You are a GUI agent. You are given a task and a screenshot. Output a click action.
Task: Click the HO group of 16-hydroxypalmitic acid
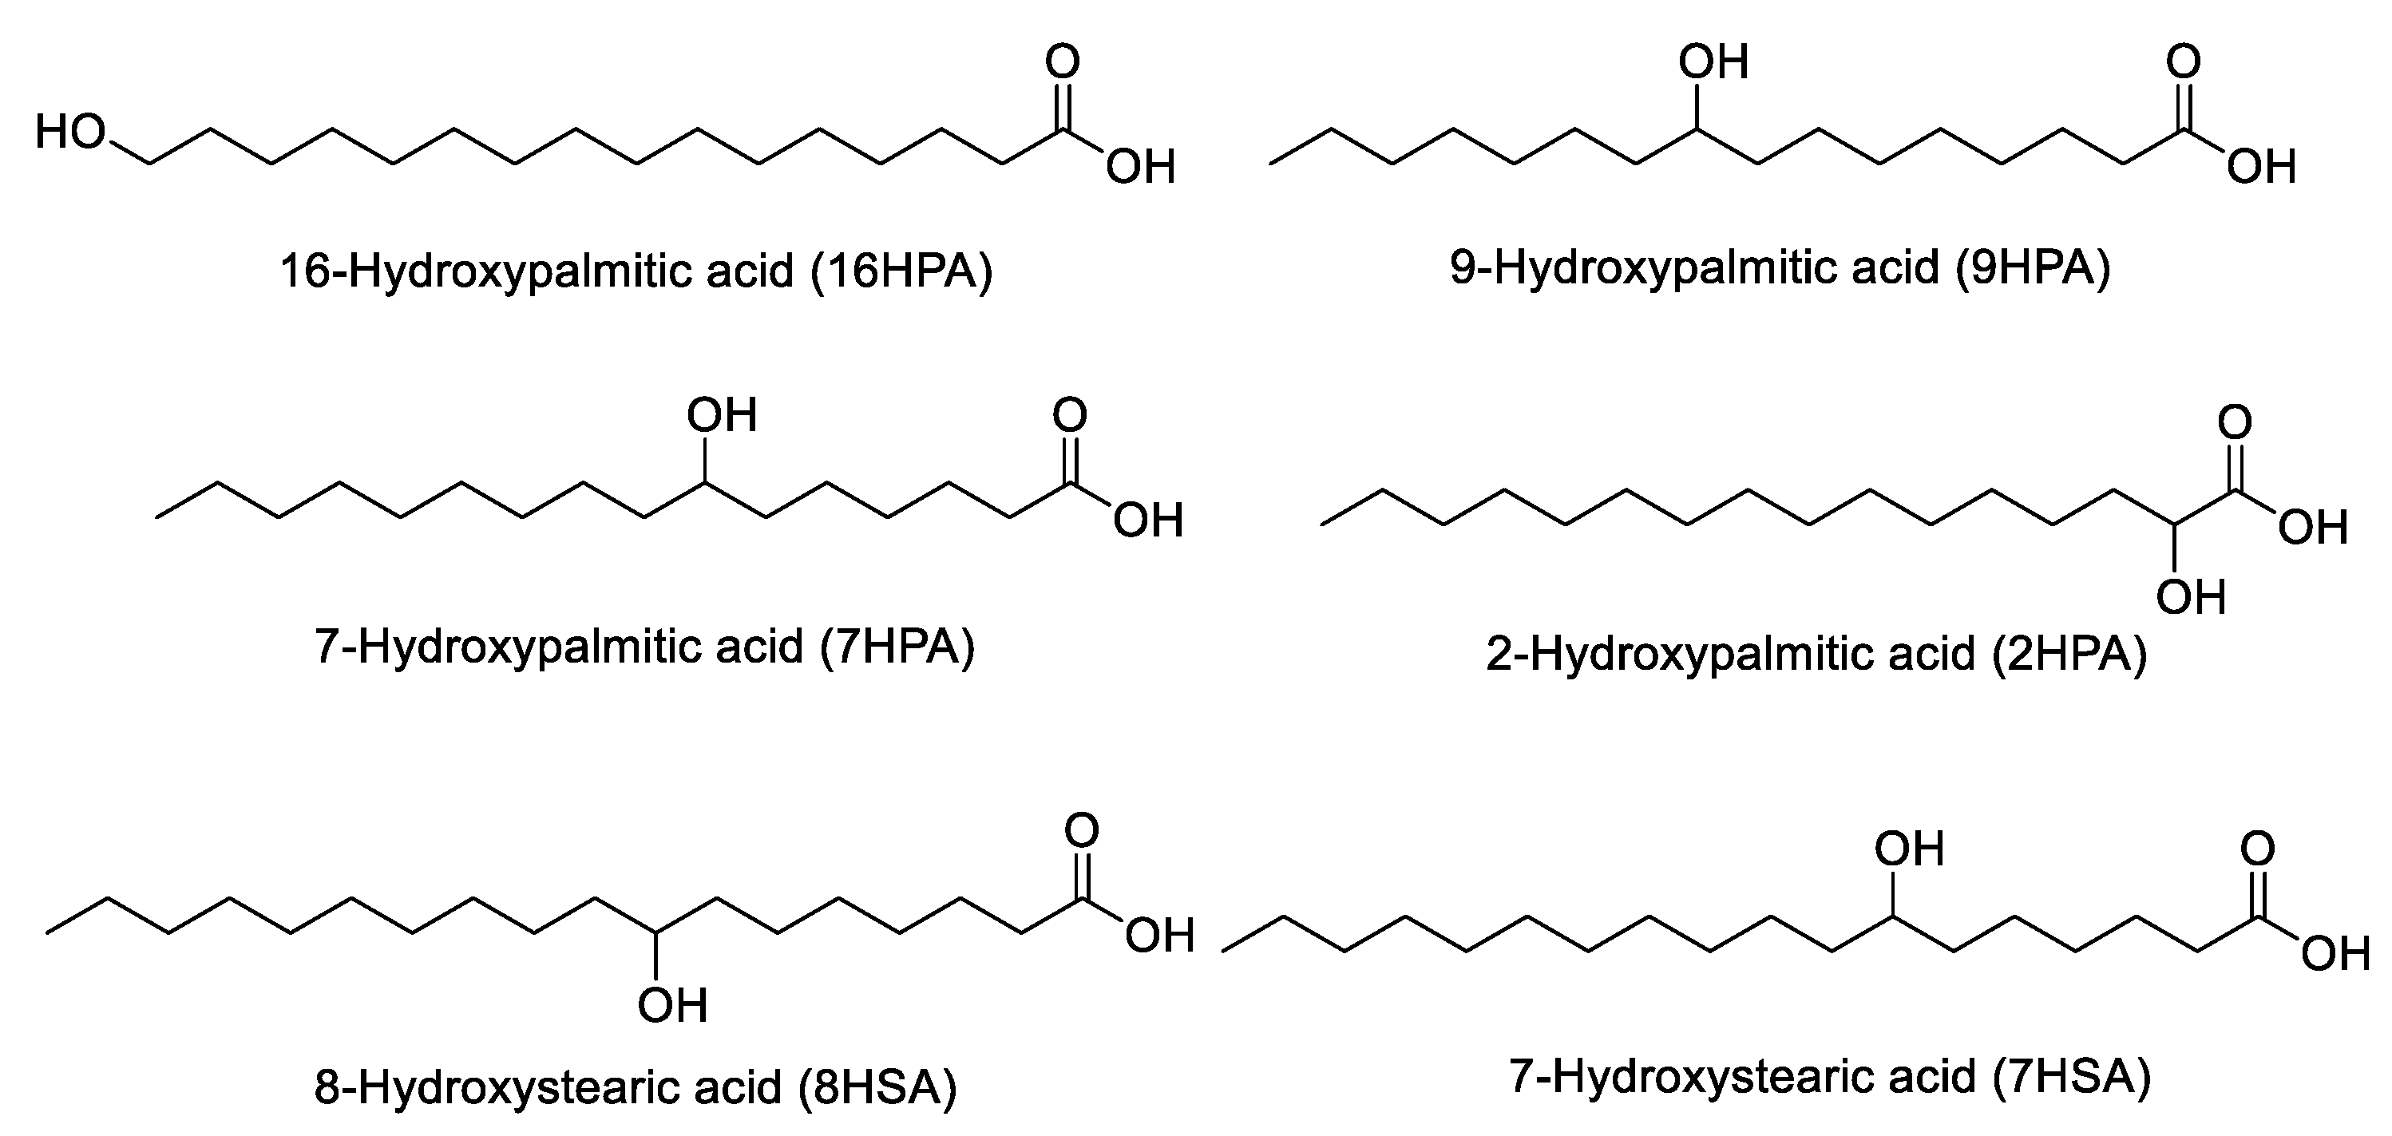point(70,133)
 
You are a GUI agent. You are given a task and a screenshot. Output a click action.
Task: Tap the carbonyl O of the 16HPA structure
point(1063,62)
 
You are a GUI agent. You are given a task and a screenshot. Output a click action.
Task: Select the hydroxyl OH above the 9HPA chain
point(1713,62)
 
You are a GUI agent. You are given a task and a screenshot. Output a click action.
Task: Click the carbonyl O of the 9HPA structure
point(2183,62)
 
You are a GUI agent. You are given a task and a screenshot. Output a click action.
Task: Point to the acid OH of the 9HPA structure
point(2261,168)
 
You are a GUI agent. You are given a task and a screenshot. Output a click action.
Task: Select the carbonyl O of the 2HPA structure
point(2235,423)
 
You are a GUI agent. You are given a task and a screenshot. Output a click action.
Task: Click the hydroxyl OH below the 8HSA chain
point(672,1005)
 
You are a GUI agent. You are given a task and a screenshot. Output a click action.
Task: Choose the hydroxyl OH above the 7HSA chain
point(1909,849)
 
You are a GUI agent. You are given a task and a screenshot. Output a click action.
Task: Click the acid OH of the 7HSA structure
point(2335,953)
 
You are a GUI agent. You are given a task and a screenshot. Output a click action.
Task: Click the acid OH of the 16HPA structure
point(1141,168)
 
